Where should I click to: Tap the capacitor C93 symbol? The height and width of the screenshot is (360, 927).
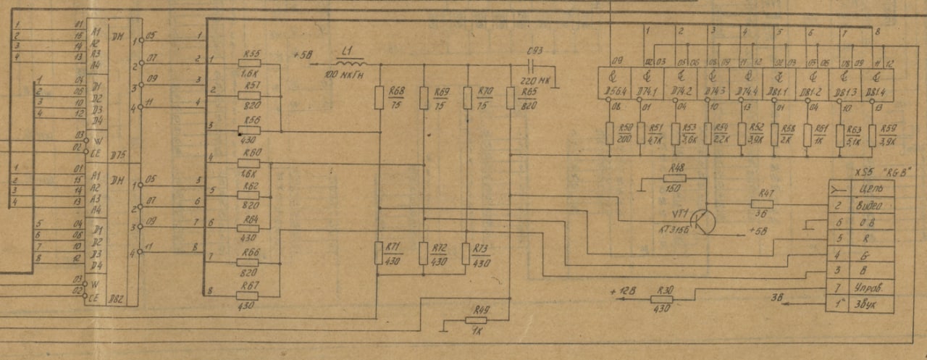click(x=536, y=64)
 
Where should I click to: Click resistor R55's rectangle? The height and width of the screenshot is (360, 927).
click(x=248, y=64)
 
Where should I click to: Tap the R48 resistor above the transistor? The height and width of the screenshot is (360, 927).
click(x=677, y=178)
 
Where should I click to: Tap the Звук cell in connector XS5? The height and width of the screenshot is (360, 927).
click(x=868, y=305)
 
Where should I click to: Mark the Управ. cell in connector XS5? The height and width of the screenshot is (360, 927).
click(x=868, y=288)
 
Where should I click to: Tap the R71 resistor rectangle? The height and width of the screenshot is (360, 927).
click(x=378, y=253)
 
